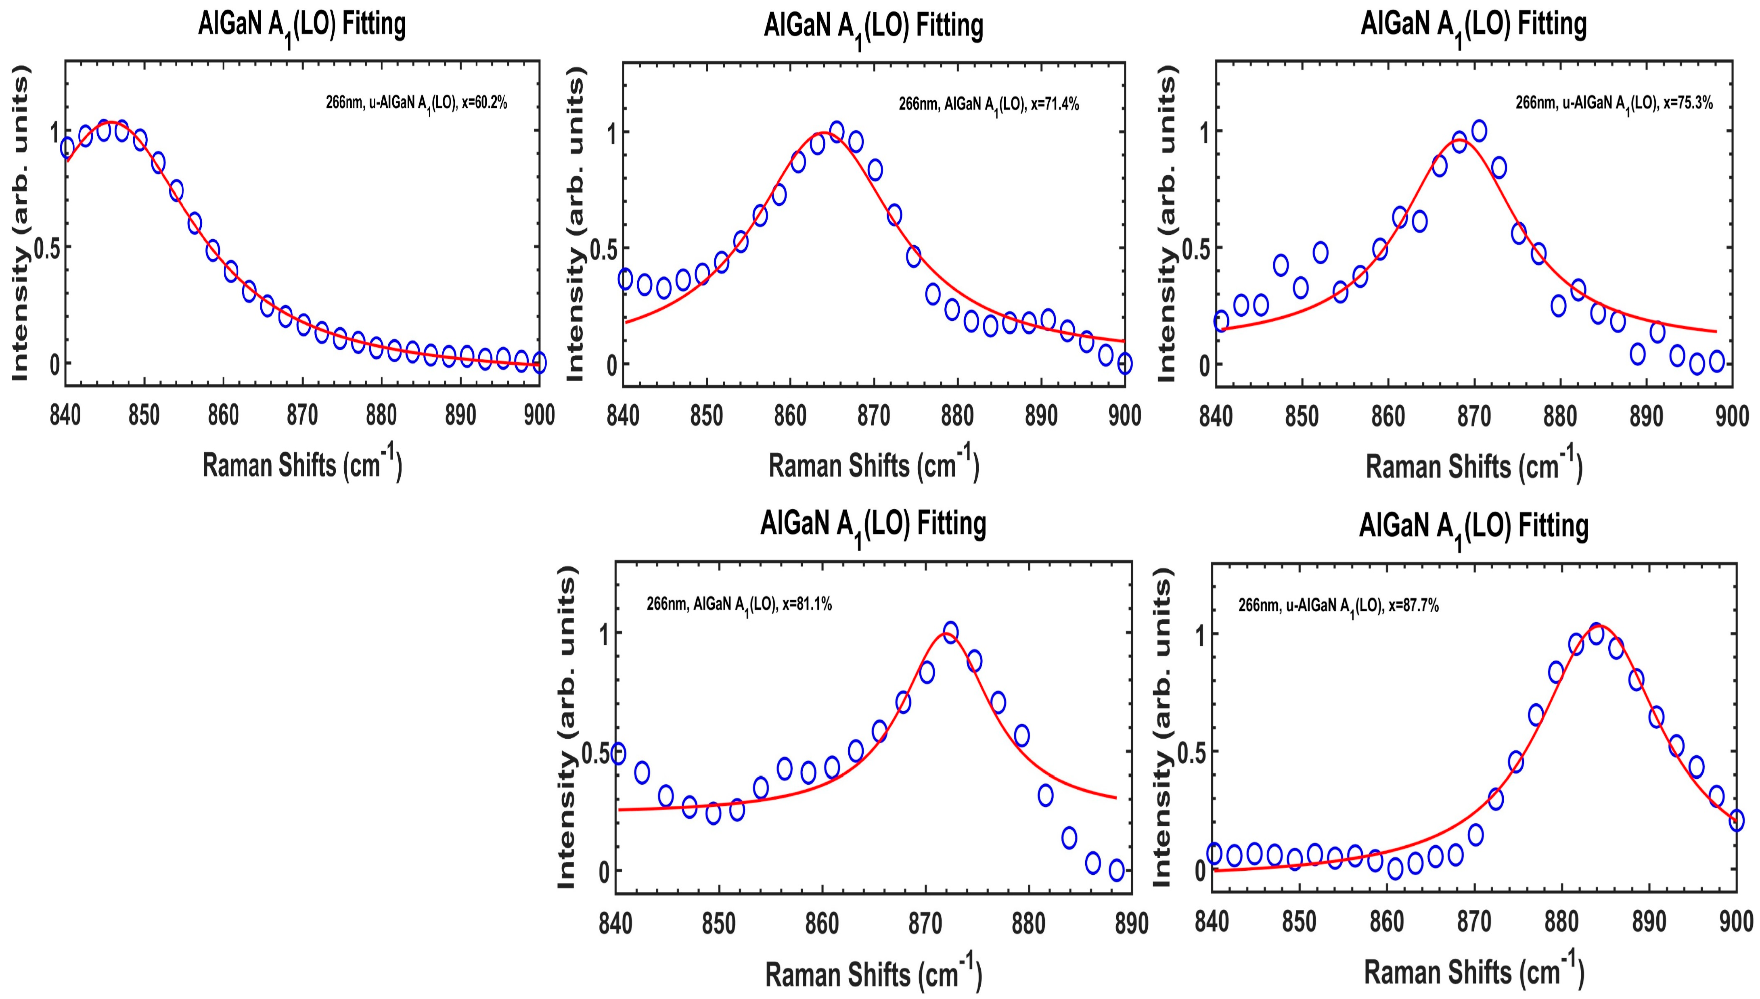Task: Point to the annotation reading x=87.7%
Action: (x=1338, y=606)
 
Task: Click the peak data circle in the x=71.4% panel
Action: (x=837, y=131)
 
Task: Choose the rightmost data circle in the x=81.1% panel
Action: (x=1116, y=870)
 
